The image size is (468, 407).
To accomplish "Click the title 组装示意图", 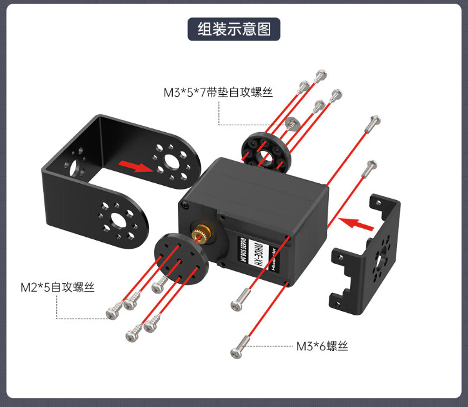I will [x=234, y=29].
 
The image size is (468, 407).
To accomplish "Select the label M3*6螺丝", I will [x=322, y=346].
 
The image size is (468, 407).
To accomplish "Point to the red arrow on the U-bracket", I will [x=136, y=166].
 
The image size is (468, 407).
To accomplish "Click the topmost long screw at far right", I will [x=373, y=123].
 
